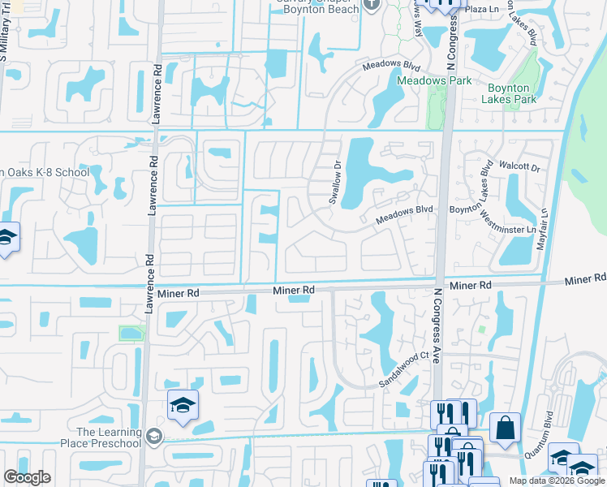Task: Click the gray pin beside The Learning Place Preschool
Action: coord(154,437)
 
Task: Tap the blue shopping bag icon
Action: coord(505,427)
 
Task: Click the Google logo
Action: coord(27,477)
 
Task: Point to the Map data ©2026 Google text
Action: coord(557,481)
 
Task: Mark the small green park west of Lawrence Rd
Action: coord(131,333)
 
